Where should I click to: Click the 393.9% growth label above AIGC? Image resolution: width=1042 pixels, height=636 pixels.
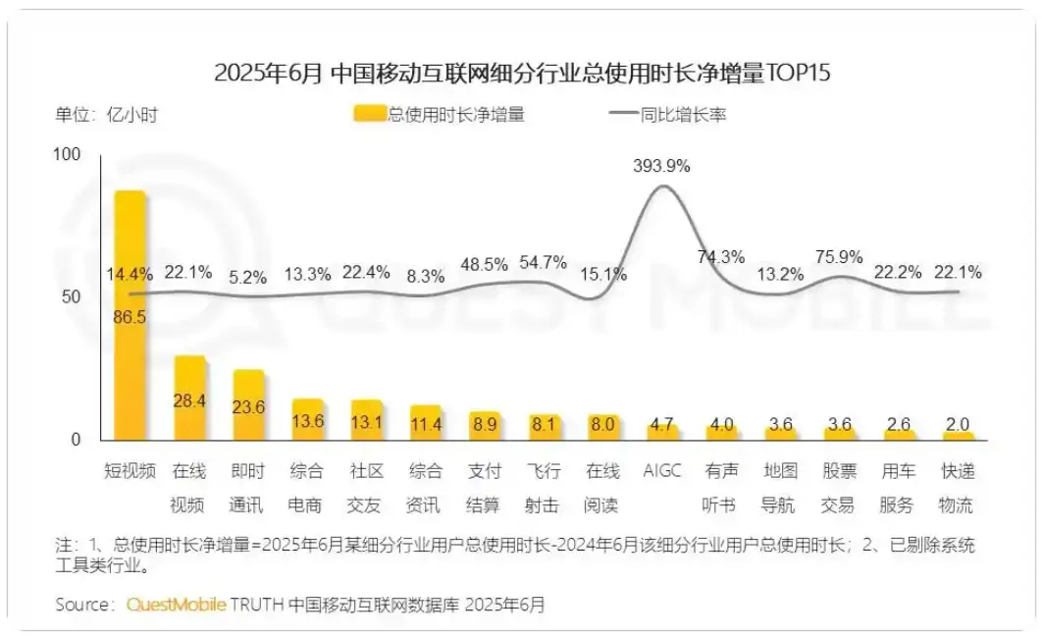tap(662, 166)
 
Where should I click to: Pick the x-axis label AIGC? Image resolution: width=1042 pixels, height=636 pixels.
tap(662, 472)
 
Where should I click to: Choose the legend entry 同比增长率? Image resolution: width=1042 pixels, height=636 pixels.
tap(667, 115)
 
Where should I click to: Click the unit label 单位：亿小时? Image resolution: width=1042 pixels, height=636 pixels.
tap(106, 115)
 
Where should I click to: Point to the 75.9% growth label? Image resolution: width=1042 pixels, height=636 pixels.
tap(839, 257)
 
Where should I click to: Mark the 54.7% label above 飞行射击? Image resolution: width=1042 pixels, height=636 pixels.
tap(544, 262)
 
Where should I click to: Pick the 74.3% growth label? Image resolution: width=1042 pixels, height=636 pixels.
tap(721, 257)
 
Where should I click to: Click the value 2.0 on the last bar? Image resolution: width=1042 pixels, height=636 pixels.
tap(957, 424)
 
